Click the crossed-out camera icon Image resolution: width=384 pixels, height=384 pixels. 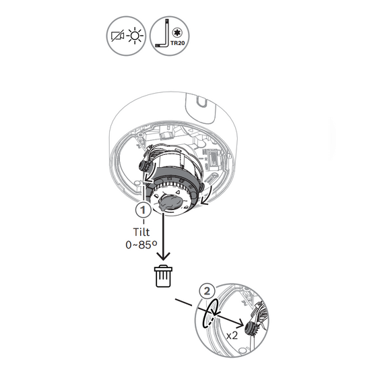coord(117,36)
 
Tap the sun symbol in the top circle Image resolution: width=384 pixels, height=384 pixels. coord(135,36)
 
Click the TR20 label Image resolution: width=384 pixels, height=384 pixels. coord(178,43)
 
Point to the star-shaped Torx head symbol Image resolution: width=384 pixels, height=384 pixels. coord(176,32)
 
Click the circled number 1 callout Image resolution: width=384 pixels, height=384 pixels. coord(143,210)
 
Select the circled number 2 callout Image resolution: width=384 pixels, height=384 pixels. coord(207,291)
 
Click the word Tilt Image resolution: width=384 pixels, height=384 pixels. coord(141,232)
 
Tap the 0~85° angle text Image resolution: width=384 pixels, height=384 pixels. coord(141,245)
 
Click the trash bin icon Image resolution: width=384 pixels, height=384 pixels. coord(163,276)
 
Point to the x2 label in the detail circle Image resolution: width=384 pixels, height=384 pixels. coord(232,335)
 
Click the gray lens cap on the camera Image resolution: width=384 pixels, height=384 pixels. coord(170,202)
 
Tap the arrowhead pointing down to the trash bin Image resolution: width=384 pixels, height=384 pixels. coord(163,256)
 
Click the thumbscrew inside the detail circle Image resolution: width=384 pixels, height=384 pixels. coord(251,327)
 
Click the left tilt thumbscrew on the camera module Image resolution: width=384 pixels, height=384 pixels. coord(143,165)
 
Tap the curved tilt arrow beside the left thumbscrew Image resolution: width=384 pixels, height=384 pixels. coord(149,174)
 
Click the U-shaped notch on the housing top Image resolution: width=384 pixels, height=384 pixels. coord(202,102)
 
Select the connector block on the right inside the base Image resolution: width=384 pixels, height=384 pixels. coord(212,159)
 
